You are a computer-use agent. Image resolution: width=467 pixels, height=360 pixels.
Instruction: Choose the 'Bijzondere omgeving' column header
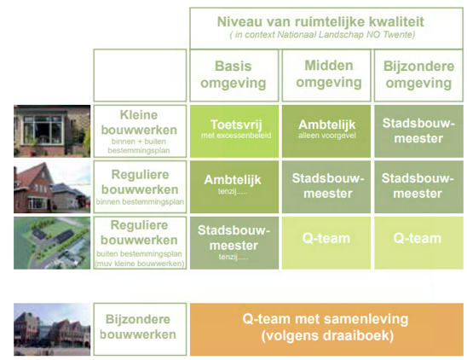(x=418, y=75)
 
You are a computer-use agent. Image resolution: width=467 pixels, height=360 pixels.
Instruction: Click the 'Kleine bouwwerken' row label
(x=139, y=131)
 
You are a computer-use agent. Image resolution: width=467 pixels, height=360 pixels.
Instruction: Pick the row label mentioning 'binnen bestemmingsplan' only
(x=139, y=187)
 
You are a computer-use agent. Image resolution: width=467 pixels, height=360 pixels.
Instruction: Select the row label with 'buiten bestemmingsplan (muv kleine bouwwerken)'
(x=139, y=243)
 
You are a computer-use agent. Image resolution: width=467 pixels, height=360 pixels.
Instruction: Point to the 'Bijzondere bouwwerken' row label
(x=139, y=328)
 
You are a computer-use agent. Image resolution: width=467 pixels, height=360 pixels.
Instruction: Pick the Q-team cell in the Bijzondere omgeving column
(x=418, y=243)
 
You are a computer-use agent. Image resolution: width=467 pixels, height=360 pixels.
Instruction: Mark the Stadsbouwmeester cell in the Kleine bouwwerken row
(x=418, y=131)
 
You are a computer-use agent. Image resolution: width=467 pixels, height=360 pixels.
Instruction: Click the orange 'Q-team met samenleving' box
(x=326, y=328)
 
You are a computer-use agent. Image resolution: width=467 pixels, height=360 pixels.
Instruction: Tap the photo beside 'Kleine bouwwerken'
(x=52, y=131)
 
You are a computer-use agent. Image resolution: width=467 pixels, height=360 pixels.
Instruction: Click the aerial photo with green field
(x=52, y=243)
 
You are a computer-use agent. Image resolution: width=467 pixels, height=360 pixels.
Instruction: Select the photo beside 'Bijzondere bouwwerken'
(x=52, y=328)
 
